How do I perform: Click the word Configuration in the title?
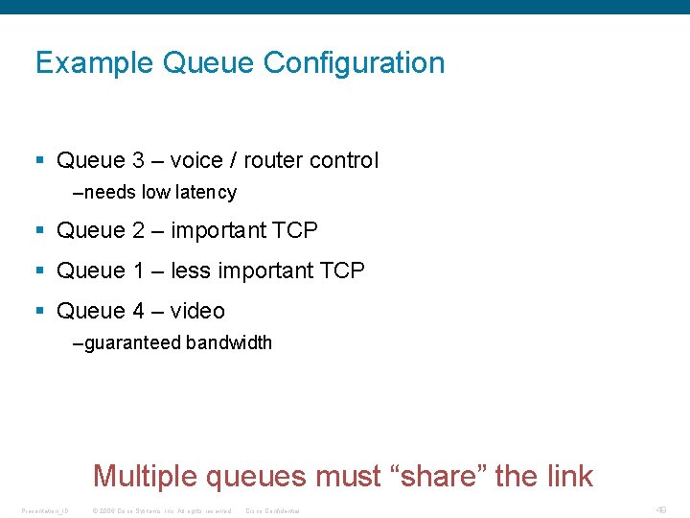(x=354, y=63)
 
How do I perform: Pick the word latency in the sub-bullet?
(x=206, y=192)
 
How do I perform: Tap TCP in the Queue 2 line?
(x=294, y=230)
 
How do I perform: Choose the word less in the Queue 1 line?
(x=191, y=271)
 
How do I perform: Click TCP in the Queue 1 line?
(x=341, y=271)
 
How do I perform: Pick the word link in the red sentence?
(x=568, y=476)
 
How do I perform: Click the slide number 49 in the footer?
(x=660, y=509)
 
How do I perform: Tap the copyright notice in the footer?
(x=162, y=510)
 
